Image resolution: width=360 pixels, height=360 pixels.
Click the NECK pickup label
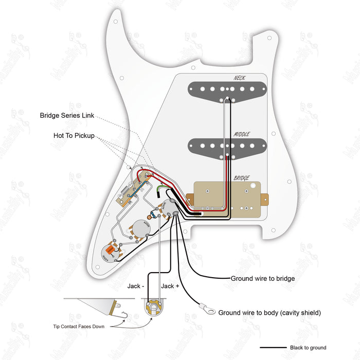(240, 78)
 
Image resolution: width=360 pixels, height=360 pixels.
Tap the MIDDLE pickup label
(242, 134)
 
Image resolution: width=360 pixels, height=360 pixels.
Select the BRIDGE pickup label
(242, 178)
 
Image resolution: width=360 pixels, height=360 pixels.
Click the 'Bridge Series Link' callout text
(67, 115)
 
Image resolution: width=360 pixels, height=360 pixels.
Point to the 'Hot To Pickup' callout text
(74, 136)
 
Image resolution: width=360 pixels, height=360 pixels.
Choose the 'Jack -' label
(136, 286)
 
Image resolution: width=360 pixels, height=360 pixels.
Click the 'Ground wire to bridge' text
(262, 278)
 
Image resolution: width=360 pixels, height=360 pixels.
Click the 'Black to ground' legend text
(308, 348)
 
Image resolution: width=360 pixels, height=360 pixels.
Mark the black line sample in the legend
(273, 348)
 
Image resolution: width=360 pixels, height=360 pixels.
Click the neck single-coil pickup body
(227, 90)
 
